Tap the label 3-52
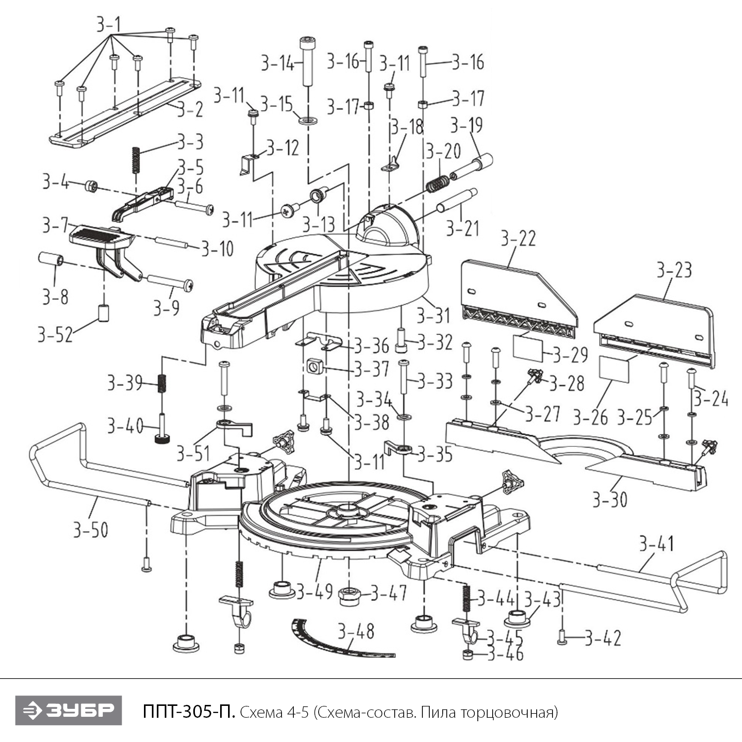pyautogui.click(x=55, y=335)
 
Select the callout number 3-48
pyautogui.click(x=356, y=631)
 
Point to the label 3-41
pyautogui.click(x=656, y=544)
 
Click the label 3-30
pyautogui.click(x=609, y=500)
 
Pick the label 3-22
pyautogui.click(x=518, y=238)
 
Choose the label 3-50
pyautogui.click(x=91, y=530)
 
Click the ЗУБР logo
pyautogui.click(x=68, y=711)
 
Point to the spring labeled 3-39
pyautogui.click(x=161, y=383)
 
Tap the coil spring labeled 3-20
pyautogui.click(x=437, y=184)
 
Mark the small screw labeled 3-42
pyautogui.click(x=562, y=638)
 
